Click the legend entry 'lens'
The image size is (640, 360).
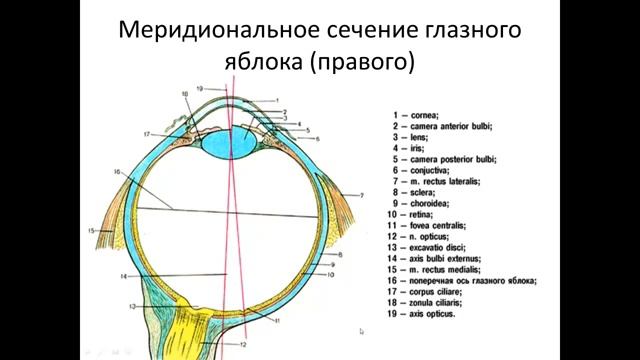(413, 138)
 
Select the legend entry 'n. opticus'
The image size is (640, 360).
(426, 236)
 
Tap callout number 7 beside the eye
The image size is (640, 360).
(361, 193)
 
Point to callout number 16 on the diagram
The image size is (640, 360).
(116, 172)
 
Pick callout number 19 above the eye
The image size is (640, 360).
(200, 88)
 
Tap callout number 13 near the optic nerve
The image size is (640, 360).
(131, 306)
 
